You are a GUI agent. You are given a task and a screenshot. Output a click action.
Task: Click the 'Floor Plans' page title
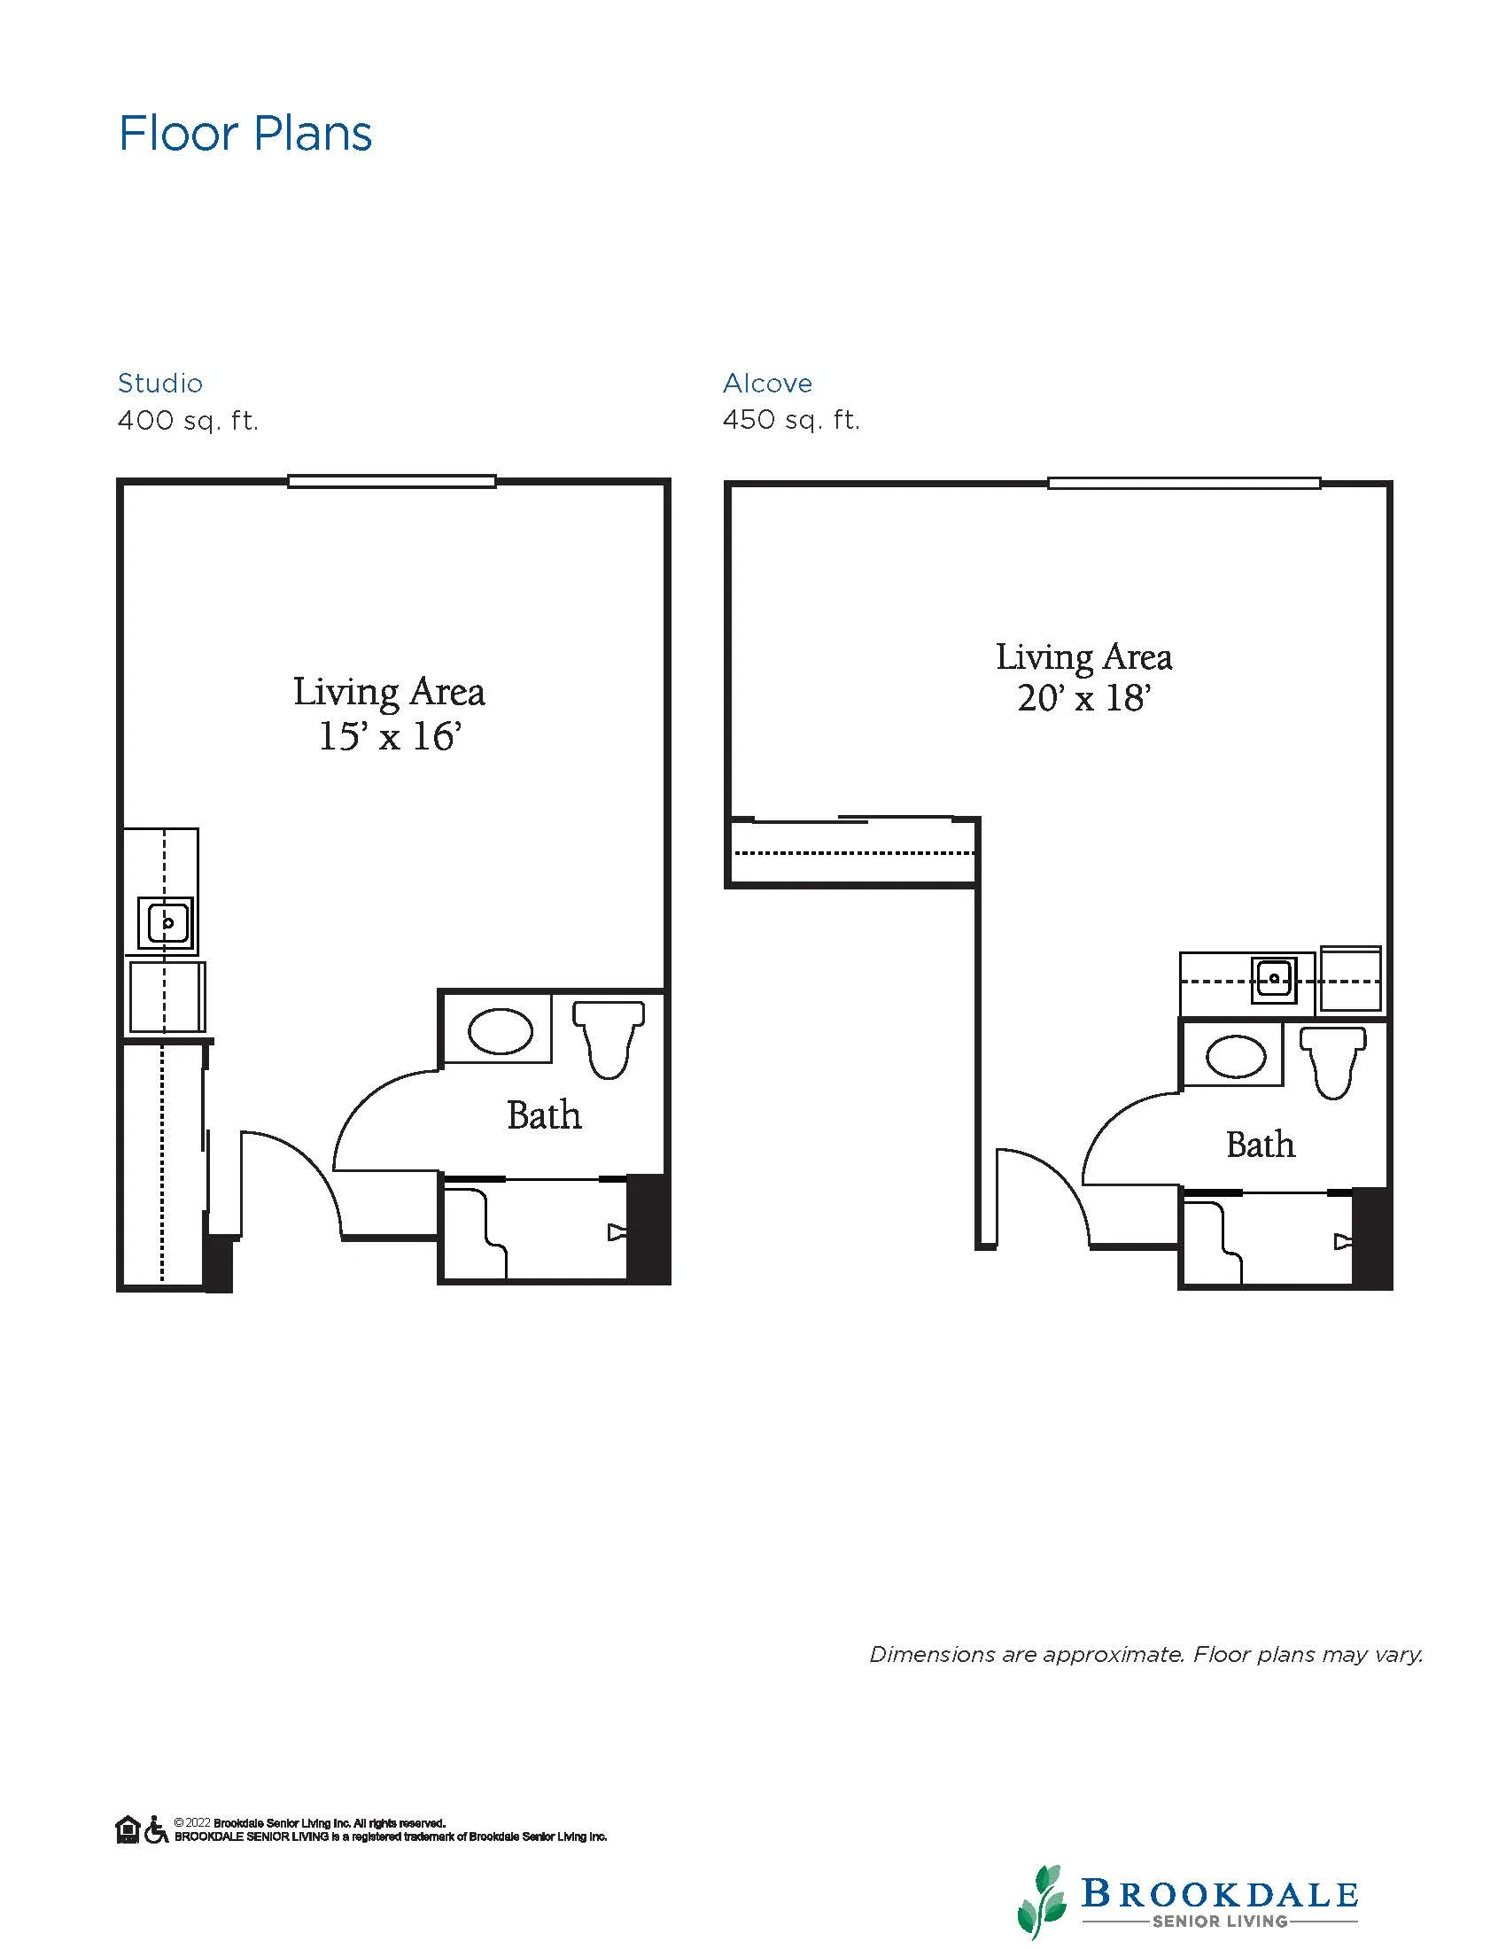[245, 134]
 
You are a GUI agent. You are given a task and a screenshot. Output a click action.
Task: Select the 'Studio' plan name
[160, 384]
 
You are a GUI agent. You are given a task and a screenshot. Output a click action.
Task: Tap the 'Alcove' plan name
[767, 384]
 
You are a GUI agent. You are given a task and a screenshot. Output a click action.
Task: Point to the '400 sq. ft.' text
[188, 420]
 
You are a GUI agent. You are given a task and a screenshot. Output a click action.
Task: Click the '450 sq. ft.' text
[791, 420]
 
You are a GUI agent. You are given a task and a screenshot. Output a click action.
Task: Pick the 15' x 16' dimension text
[390, 736]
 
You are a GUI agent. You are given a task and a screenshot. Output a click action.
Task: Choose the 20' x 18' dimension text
[1084, 698]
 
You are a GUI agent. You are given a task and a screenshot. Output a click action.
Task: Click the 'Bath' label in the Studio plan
[544, 1114]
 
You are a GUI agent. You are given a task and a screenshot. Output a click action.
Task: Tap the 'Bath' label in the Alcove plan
[1260, 1144]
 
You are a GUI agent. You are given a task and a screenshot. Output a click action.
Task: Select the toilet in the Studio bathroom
[609, 1038]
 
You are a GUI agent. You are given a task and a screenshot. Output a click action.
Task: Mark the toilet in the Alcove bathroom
[1333, 1062]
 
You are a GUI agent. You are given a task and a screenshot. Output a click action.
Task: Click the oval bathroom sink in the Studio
[501, 1030]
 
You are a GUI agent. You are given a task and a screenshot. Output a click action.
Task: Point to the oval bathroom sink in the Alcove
[1236, 1058]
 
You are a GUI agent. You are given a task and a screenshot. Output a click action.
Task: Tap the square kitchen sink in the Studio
[167, 923]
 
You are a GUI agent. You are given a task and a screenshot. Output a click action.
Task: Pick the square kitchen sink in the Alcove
[1273, 979]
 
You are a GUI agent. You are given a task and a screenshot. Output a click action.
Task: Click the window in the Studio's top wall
[392, 481]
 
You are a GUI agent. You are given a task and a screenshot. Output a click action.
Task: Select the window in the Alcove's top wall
[1184, 483]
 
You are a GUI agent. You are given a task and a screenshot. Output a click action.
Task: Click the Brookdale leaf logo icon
[1041, 1901]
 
